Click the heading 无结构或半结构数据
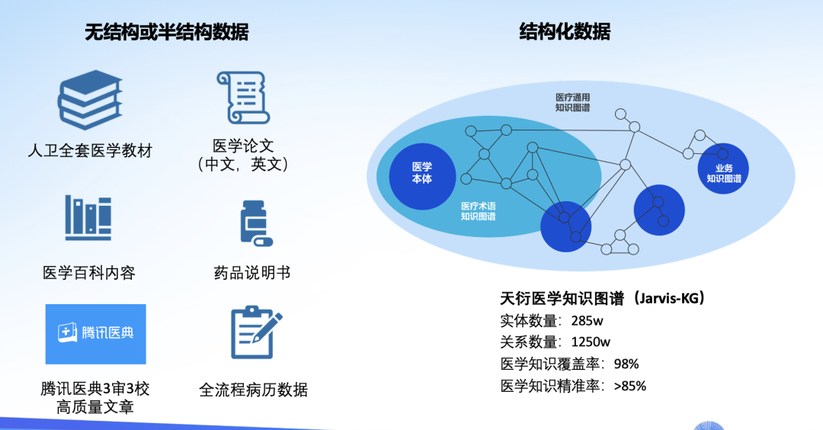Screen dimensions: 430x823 [x=166, y=32]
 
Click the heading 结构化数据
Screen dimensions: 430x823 [x=565, y=32]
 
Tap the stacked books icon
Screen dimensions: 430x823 [x=91, y=100]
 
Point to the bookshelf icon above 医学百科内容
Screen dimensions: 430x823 [x=88, y=218]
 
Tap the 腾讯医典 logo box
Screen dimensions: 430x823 [x=95, y=334]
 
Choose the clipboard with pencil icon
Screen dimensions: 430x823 [x=254, y=333]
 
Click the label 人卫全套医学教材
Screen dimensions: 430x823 [x=90, y=150]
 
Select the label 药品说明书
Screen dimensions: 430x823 [x=252, y=272]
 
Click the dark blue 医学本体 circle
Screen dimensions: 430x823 [x=422, y=172]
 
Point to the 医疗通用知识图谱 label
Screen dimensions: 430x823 [x=573, y=103]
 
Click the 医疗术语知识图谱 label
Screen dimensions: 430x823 [x=479, y=211]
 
